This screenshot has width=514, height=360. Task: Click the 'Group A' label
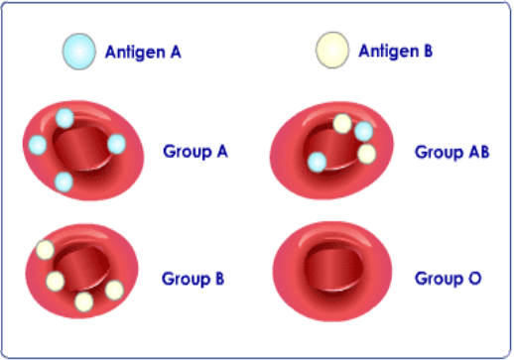(x=195, y=152)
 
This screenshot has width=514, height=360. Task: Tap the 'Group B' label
(x=193, y=279)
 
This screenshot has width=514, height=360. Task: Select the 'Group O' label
(x=448, y=279)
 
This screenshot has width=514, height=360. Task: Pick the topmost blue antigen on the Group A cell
(x=64, y=119)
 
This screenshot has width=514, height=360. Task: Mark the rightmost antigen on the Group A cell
(x=116, y=144)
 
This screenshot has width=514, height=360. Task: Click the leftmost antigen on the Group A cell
(x=38, y=145)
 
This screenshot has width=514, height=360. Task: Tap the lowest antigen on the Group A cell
(x=64, y=180)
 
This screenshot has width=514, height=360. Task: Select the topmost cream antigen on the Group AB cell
(x=342, y=124)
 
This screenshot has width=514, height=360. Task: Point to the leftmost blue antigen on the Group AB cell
(x=318, y=161)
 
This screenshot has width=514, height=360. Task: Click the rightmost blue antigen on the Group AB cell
(x=363, y=132)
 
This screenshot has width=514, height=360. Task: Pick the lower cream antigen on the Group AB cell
(x=366, y=154)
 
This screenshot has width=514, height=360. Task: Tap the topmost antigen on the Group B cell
(x=45, y=250)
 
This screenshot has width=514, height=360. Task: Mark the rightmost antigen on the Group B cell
(x=114, y=290)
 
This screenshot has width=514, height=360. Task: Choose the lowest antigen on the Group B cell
(x=84, y=300)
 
